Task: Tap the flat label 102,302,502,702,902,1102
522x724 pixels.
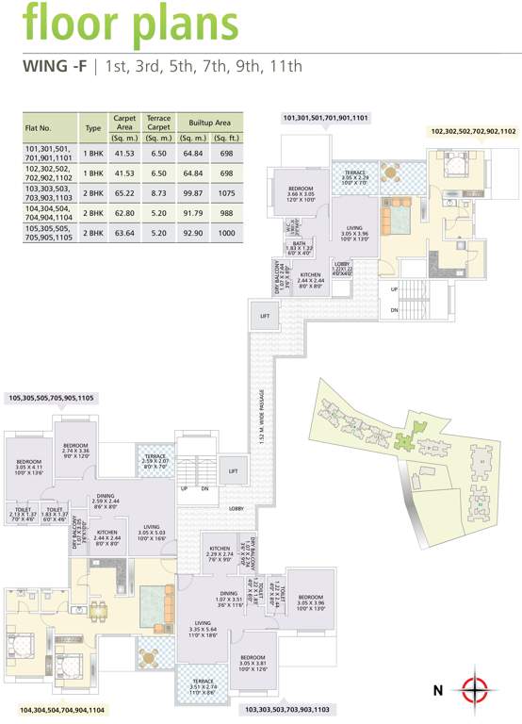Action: pyautogui.click(x=473, y=131)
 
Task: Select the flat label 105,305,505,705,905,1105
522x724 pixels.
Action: pyautogui.click(x=51, y=399)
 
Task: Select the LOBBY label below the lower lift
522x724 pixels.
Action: pyautogui.click(x=236, y=508)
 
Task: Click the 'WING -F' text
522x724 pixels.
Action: pyautogui.click(x=53, y=66)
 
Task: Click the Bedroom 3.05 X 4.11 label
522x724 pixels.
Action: pyautogui.click(x=28, y=464)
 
